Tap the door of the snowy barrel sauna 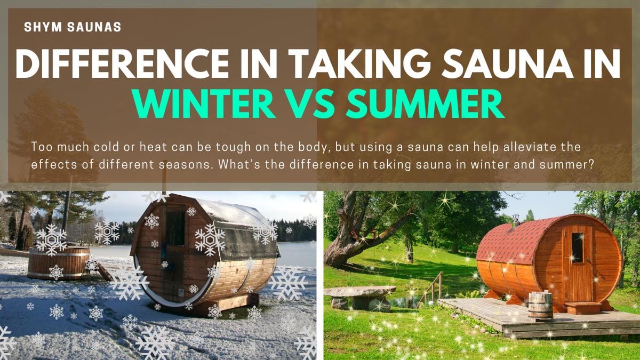pos(174,251)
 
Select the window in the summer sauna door pos(577,247)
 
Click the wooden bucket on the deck pos(541,306)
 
